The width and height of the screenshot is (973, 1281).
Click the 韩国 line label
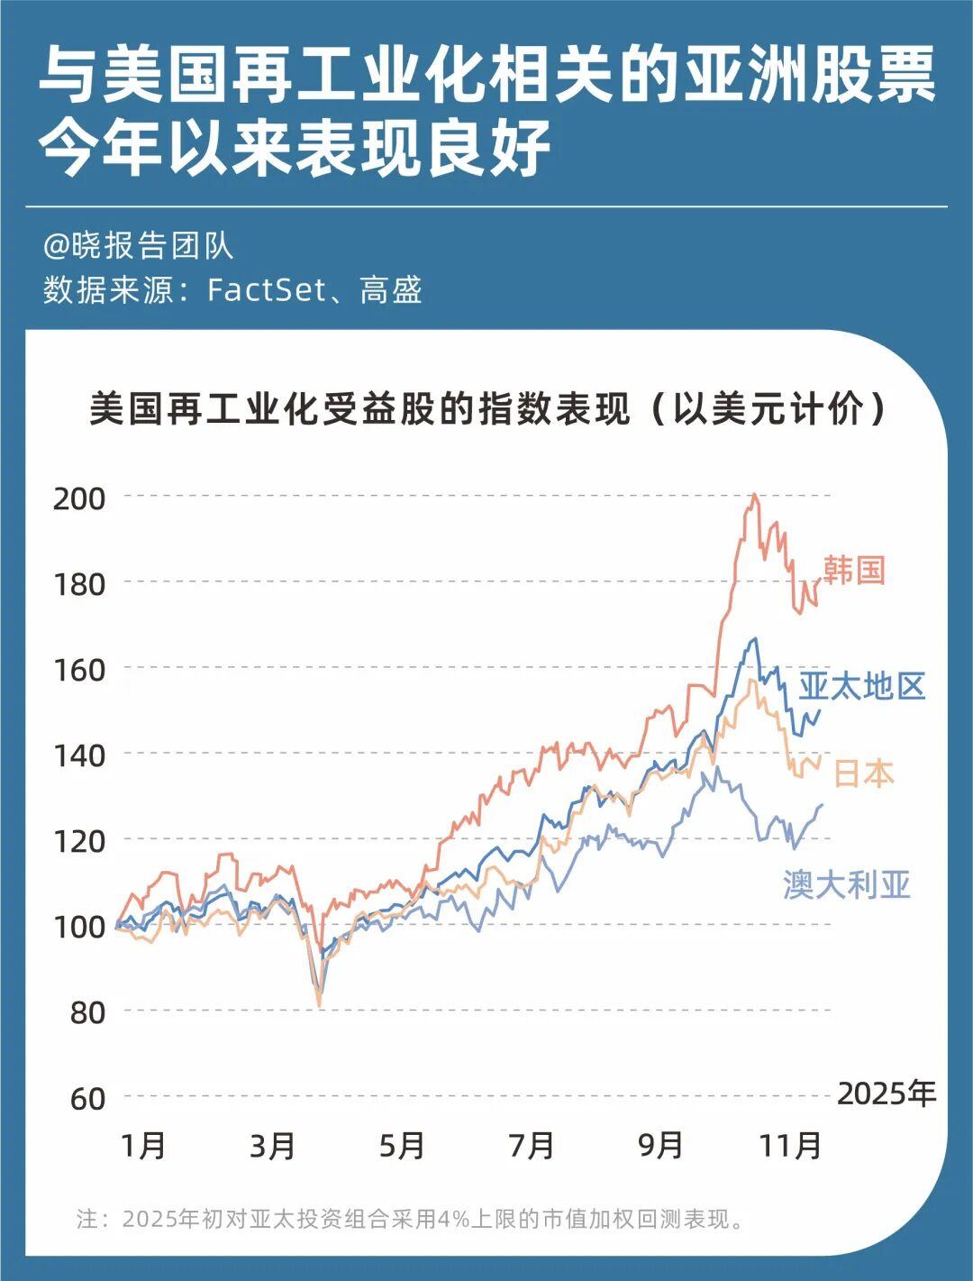click(x=853, y=571)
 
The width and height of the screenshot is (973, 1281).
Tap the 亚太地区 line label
click(x=862, y=687)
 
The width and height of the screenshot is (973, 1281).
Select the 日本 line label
click(x=863, y=773)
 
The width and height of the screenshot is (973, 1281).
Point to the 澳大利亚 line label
click(x=847, y=884)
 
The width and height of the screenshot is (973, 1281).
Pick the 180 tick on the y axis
click(x=79, y=583)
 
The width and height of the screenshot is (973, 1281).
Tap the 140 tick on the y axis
click(x=79, y=755)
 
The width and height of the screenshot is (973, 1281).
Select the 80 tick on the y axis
click(x=88, y=1012)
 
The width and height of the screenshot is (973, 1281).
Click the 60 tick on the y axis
click(x=88, y=1098)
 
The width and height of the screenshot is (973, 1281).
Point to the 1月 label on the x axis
click(x=144, y=1146)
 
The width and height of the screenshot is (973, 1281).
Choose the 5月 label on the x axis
click(x=402, y=1146)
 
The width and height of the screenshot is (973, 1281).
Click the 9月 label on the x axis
click(x=660, y=1146)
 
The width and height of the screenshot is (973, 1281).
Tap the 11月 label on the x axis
click(x=790, y=1146)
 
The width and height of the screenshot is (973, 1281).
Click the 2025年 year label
click(x=887, y=1093)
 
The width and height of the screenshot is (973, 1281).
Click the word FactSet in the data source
click(x=265, y=290)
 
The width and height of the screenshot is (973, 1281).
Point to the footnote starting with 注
click(x=411, y=1220)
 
